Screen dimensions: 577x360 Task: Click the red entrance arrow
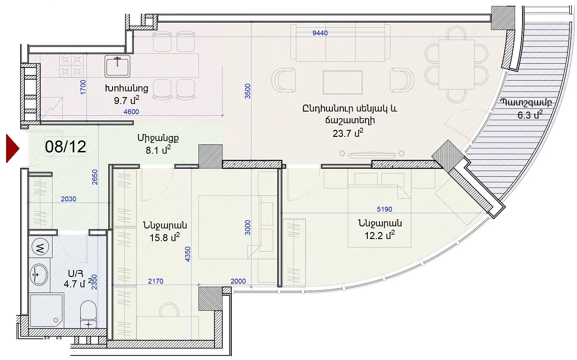pyautogui.click(x=12, y=149)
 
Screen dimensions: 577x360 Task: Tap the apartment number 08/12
pyautogui.click(x=65, y=146)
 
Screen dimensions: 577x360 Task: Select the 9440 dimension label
pyautogui.click(x=320, y=33)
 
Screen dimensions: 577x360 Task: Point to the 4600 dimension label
pyautogui.click(x=131, y=112)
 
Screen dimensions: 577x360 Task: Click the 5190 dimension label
pyautogui.click(x=384, y=209)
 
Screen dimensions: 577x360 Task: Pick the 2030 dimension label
pyautogui.click(x=68, y=199)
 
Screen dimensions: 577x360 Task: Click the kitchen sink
pyautogui.click(x=117, y=66)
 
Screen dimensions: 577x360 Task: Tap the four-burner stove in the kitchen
pyautogui.click(x=71, y=66)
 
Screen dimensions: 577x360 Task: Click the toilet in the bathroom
pyautogui.click(x=88, y=314)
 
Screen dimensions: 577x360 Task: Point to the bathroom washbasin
pyautogui.click(x=39, y=275)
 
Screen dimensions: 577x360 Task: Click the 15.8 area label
pyautogui.click(x=165, y=237)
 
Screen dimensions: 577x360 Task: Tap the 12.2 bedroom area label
pyautogui.click(x=380, y=235)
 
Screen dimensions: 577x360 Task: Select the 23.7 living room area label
pyautogui.click(x=348, y=133)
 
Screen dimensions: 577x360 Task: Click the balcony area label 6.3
pyautogui.click(x=530, y=114)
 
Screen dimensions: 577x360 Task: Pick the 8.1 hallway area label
pyautogui.click(x=158, y=150)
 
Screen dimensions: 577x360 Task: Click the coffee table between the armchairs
pyautogui.click(x=342, y=82)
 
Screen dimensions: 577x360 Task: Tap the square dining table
pyautogui.click(x=456, y=64)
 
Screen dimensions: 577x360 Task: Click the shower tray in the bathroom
pyautogui.click(x=46, y=311)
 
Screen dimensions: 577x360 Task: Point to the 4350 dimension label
pyautogui.click(x=188, y=254)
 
